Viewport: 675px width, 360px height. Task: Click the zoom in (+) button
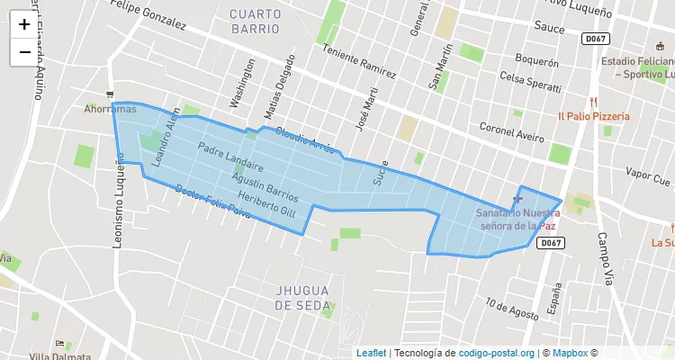click(24, 24)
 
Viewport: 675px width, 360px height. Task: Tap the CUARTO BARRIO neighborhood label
click(255, 21)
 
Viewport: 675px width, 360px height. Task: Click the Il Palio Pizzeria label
click(594, 116)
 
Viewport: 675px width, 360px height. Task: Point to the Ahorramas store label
click(110, 109)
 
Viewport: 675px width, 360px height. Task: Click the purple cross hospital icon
click(517, 198)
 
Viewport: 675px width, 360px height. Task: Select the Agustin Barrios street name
click(265, 186)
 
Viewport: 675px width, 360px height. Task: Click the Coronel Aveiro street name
click(512, 132)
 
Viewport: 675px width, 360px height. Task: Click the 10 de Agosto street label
click(510, 308)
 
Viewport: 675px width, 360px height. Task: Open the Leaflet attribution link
click(371, 353)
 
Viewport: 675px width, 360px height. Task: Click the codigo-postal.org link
click(497, 353)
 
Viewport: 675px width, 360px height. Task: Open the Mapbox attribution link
click(569, 353)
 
